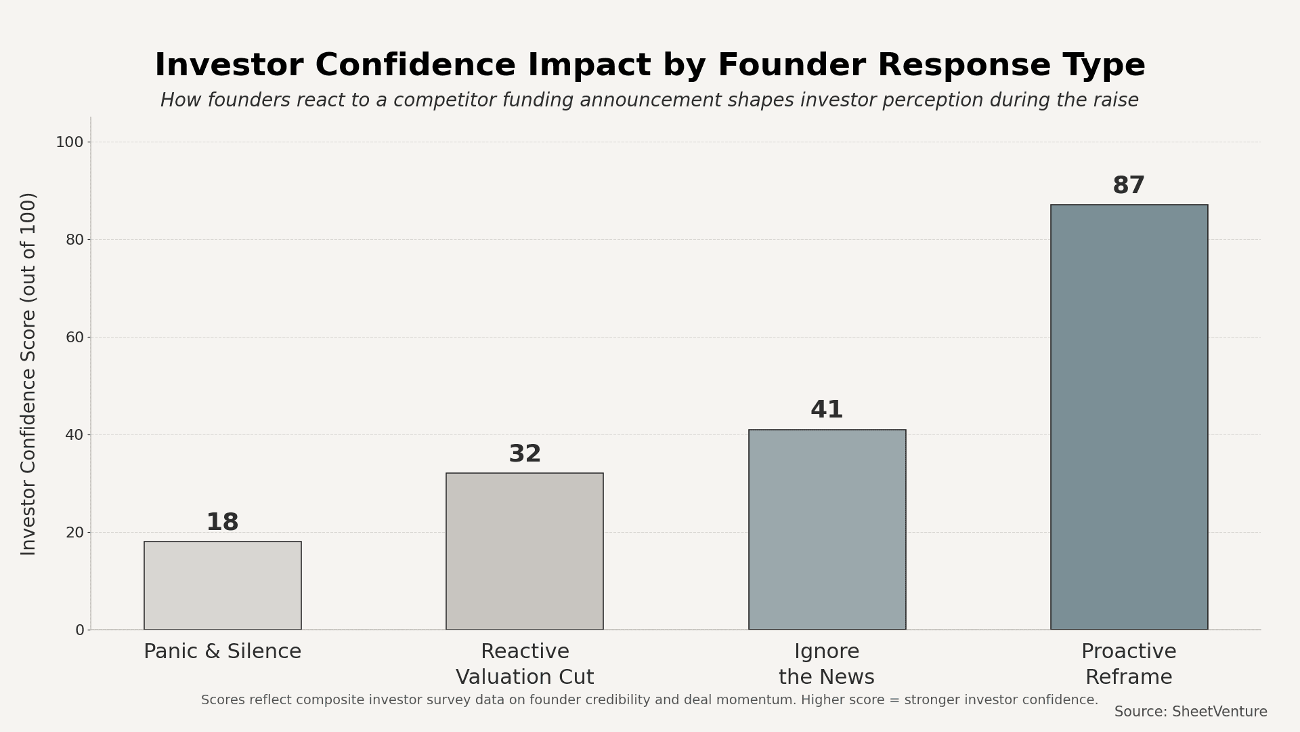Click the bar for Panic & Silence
click(x=222, y=586)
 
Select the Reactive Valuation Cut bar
click(x=525, y=551)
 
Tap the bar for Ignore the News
click(x=827, y=529)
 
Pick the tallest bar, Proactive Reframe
click(x=1129, y=417)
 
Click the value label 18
click(x=222, y=523)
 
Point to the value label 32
click(x=525, y=454)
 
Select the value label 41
click(x=827, y=410)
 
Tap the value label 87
click(x=1129, y=186)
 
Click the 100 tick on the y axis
click(x=70, y=142)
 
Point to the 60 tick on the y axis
click(x=74, y=338)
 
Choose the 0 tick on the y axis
click(x=80, y=630)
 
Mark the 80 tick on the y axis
click(x=74, y=240)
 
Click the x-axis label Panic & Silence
click(x=222, y=652)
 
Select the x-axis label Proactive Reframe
click(x=1129, y=664)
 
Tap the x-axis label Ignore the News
click(x=827, y=664)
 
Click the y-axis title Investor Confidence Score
click(x=28, y=373)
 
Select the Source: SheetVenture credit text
click(x=1190, y=712)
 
